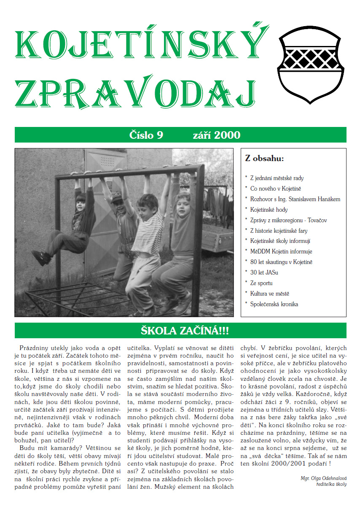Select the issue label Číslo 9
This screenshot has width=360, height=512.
pyautogui.click(x=146, y=135)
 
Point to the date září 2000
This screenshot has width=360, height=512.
pyautogui.click(x=217, y=135)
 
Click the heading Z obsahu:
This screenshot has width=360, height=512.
pyautogui.click(x=264, y=159)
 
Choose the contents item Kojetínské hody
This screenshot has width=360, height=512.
pyautogui.click(x=269, y=210)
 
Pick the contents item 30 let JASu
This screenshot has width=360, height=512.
pyautogui.click(x=264, y=272)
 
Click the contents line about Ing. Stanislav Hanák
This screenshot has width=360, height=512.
pyautogui.click(x=295, y=199)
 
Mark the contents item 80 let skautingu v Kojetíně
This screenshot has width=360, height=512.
pyautogui.click(x=281, y=262)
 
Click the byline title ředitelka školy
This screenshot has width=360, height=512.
pyautogui.click(x=331, y=484)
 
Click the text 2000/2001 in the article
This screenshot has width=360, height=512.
pyautogui.click(x=290, y=463)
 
